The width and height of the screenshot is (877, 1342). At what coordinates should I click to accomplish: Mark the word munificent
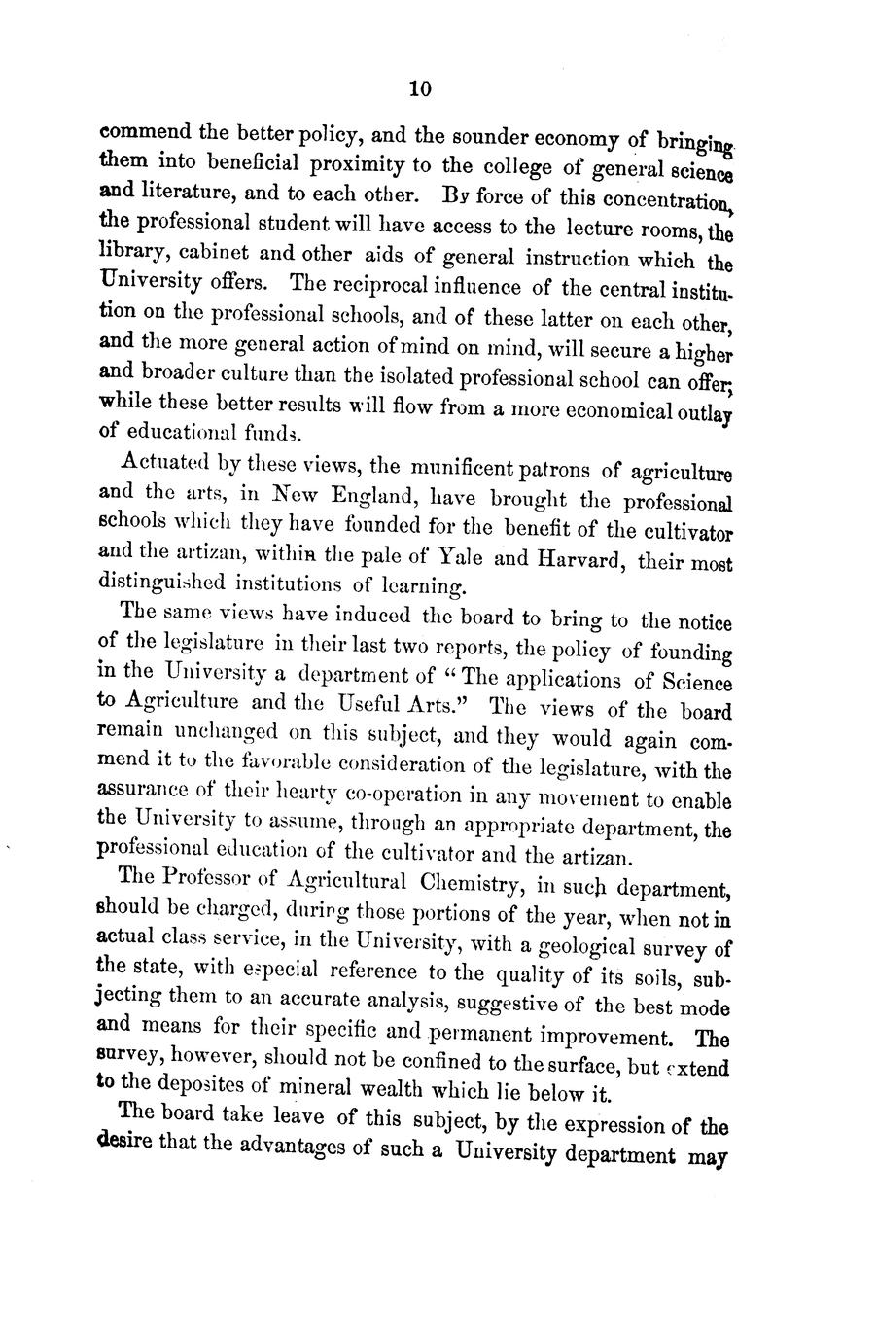click(454, 470)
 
